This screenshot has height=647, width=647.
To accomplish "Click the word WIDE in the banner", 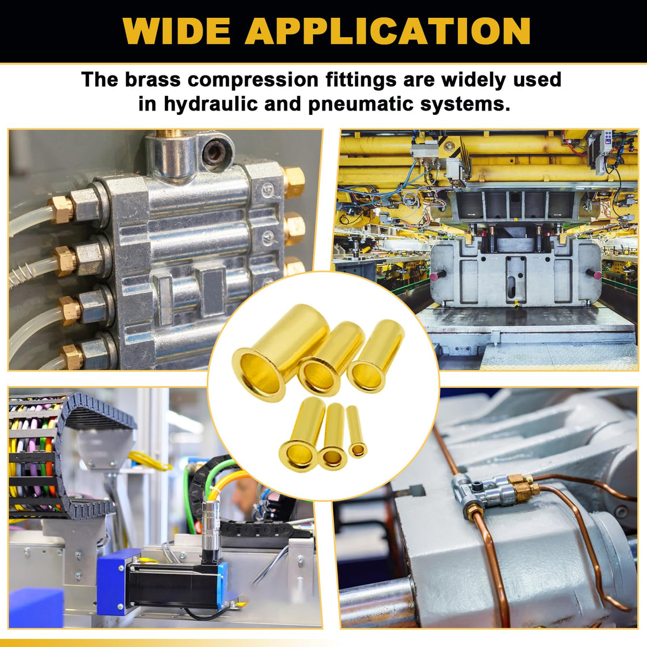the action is [x=177, y=31].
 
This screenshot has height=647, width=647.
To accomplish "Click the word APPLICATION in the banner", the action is [x=388, y=31].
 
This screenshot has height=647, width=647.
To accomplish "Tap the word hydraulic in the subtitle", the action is [x=211, y=105].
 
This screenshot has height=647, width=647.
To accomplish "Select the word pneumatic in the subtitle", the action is [x=361, y=105].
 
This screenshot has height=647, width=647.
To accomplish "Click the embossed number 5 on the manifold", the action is [x=267, y=190].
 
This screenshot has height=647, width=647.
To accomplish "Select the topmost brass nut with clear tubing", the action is [x=60, y=209].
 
